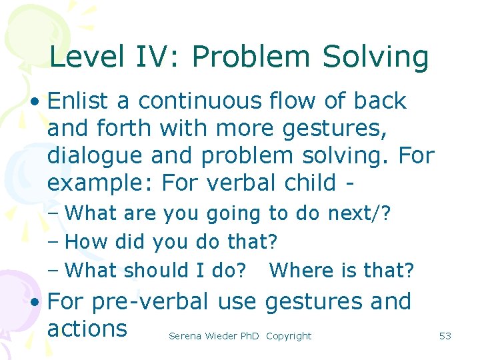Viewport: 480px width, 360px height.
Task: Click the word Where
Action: coord(299,270)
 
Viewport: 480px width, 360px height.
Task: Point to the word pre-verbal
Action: coord(147,302)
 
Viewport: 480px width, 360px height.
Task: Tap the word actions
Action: coord(87,329)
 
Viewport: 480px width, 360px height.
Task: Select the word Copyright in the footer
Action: coord(289,336)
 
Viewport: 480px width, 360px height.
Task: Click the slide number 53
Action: coord(445,336)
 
